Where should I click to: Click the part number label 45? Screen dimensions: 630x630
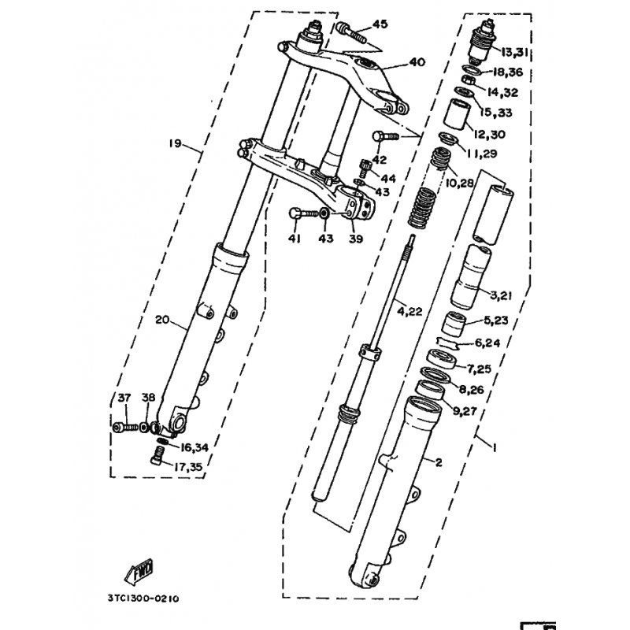pos(380,24)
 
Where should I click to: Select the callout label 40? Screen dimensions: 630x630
pos(417,62)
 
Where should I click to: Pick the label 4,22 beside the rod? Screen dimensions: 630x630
pos(409,311)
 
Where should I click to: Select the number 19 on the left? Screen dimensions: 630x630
pos(175,144)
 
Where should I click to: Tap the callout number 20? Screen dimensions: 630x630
pos(162,320)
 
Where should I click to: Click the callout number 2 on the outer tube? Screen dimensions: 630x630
pos(439,463)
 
